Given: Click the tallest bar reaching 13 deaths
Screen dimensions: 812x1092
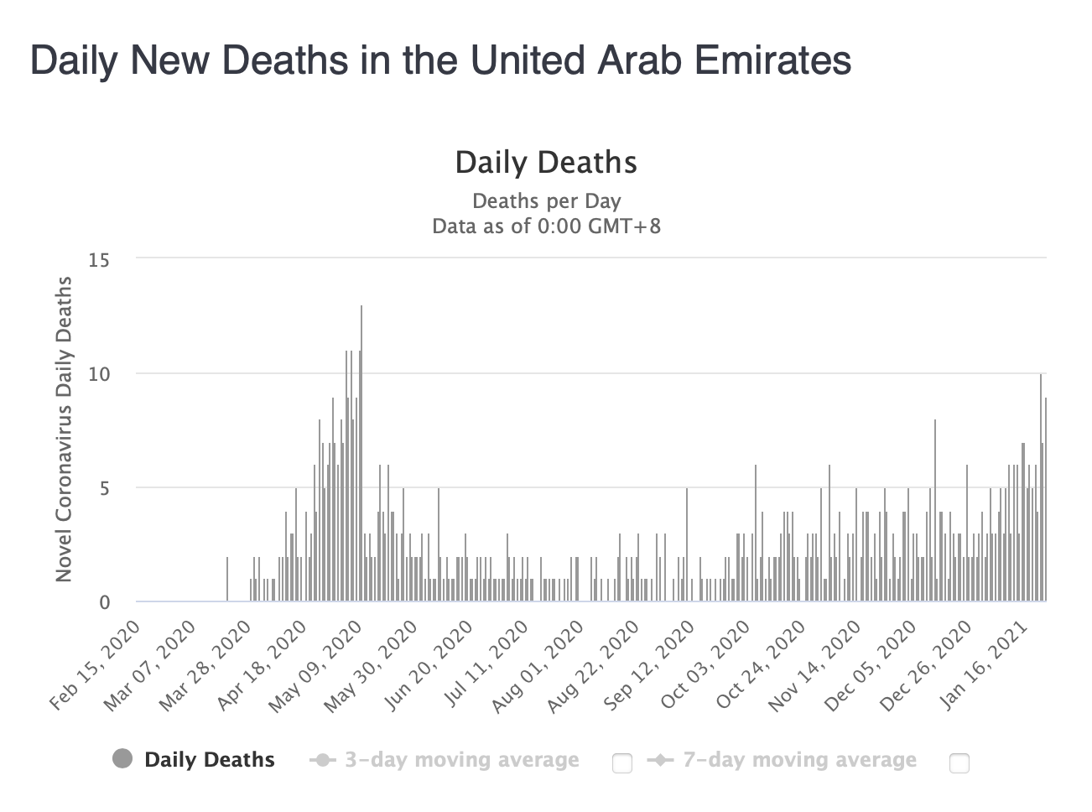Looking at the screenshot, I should click(361, 453).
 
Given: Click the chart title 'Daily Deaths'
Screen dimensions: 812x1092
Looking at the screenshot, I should click(546, 162).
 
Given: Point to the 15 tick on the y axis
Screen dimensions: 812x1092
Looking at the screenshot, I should click(100, 260).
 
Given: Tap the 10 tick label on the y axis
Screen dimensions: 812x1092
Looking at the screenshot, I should click(100, 374).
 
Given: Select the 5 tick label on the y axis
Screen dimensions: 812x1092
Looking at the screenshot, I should click(105, 488).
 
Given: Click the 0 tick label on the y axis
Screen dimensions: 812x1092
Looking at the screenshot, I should click(105, 602).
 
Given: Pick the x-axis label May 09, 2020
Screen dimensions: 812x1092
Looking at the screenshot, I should click(315, 666).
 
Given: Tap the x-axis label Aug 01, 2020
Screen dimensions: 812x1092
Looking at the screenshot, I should click(538, 666).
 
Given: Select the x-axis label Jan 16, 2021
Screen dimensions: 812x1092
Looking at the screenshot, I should click(984, 666).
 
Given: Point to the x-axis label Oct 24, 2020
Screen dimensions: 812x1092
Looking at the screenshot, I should click(762, 666).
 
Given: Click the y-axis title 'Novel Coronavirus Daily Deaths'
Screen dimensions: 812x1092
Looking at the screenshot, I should click(64, 429).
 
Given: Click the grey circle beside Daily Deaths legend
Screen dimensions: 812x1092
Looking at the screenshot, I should click(122, 759).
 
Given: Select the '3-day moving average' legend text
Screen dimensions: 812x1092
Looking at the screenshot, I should click(462, 760).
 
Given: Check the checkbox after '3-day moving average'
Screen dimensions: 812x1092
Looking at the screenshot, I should click(622, 763).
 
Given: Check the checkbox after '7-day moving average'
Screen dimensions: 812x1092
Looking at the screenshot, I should click(959, 763).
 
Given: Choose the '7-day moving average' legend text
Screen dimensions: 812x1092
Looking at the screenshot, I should click(799, 760).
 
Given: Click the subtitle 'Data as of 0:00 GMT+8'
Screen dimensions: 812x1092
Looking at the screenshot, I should click(546, 226).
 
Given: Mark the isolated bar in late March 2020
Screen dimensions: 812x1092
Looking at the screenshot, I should click(226, 579).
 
